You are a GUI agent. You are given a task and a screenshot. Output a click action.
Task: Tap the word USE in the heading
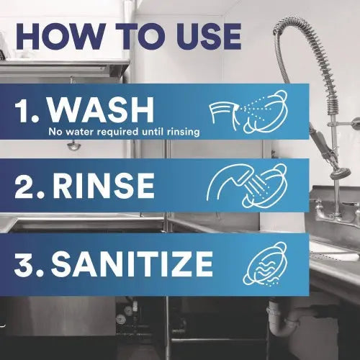tap(208, 37)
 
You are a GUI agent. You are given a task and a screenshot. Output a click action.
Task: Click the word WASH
tap(101, 110)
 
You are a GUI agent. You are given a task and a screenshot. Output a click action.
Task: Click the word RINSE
tap(104, 186)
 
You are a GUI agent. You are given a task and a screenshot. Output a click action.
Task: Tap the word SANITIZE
tap(132, 264)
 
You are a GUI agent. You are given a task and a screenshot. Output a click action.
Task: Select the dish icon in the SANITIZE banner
tap(264, 264)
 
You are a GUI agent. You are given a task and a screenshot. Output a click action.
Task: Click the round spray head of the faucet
tap(341, 174)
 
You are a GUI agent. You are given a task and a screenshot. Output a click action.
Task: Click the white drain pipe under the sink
tap(279, 319)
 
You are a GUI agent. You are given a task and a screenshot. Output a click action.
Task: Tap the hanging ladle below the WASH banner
tap(73, 145)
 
